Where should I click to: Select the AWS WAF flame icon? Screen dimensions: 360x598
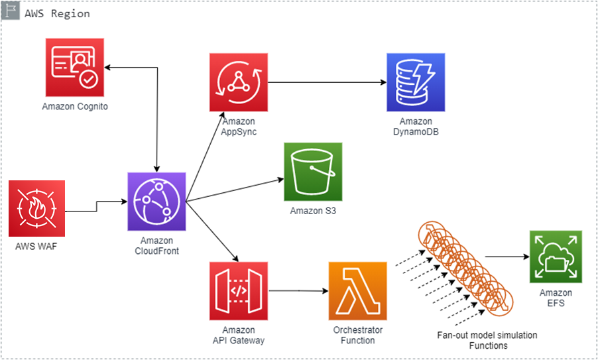(x=36, y=208)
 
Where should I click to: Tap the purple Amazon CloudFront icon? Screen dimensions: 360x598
(x=156, y=202)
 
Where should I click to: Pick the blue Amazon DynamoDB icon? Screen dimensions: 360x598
(x=416, y=82)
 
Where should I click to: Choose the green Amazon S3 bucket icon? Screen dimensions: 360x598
(x=313, y=171)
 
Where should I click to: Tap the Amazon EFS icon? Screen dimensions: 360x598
(x=555, y=257)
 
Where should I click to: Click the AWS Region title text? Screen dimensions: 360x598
(x=57, y=13)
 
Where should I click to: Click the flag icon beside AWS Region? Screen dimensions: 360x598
(x=11, y=13)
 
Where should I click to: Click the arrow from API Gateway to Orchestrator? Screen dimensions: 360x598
(x=298, y=290)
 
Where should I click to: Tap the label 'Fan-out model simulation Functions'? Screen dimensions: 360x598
(x=487, y=340)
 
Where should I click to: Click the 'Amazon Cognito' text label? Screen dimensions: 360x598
(x=75, y=106)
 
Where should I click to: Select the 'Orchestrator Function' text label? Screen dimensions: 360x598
(x=357, y=335)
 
